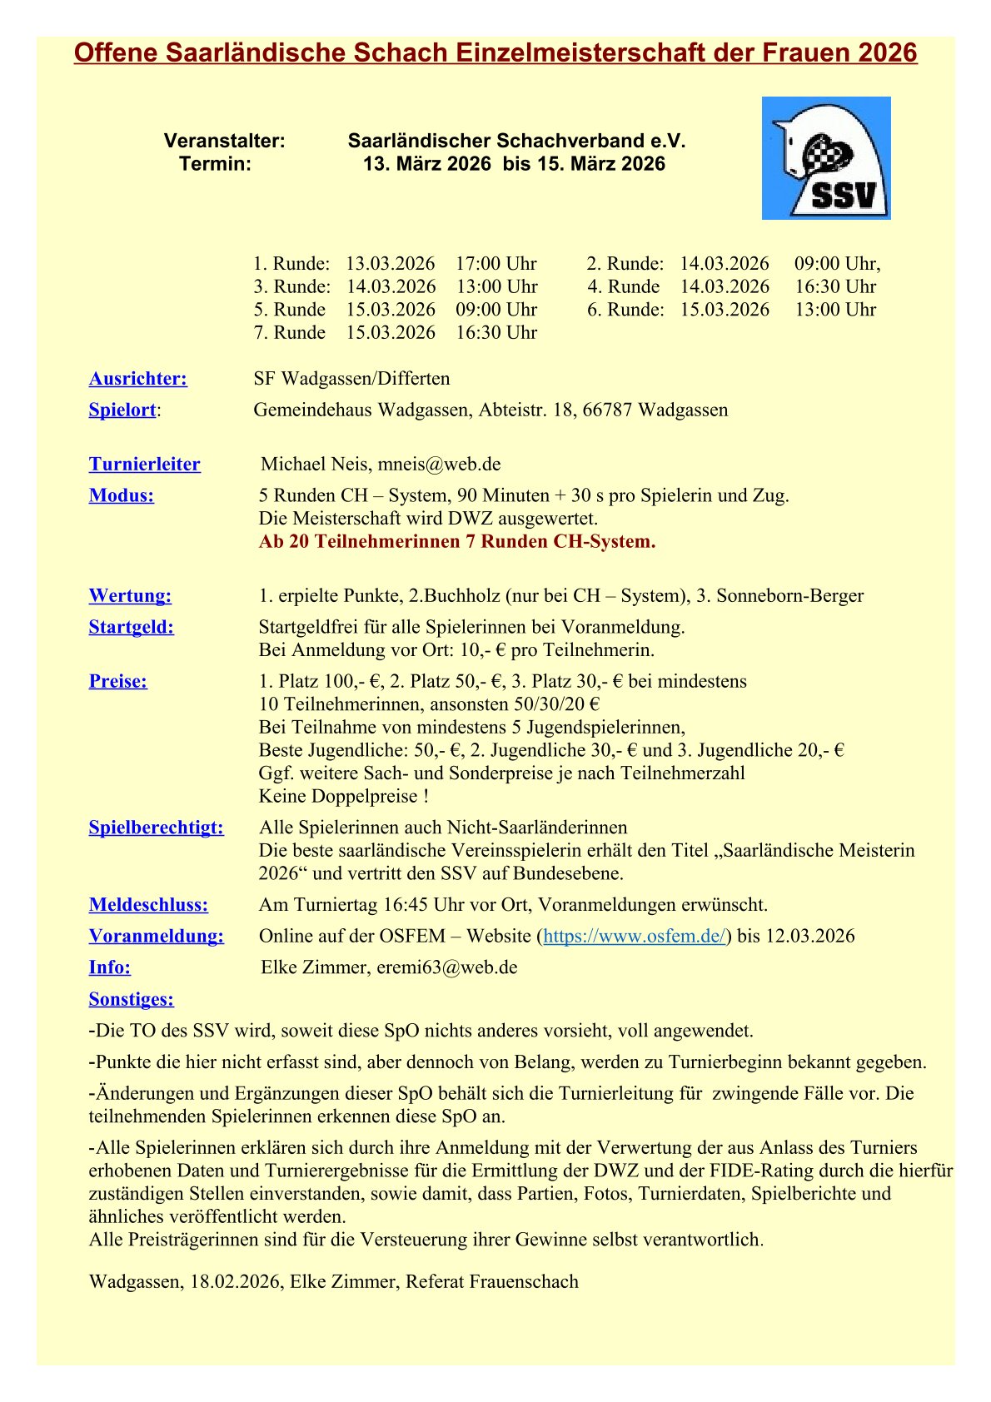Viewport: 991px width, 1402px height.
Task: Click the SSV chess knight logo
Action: [x=825, y=158]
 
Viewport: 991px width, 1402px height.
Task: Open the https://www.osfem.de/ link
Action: [x=634, y=936]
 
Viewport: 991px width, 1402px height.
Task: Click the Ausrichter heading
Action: [x=138, y=379]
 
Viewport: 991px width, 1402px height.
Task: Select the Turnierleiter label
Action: [x=145, y=465]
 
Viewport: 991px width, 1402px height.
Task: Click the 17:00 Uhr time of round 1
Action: [x=495, y=264]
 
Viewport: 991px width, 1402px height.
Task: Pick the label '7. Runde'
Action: [x=289, y=333]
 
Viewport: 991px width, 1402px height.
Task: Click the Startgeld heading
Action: [x=132, y=627]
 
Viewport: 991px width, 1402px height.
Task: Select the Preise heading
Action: [x=118, y=681]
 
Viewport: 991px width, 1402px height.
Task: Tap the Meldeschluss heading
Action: [x=148, y=905]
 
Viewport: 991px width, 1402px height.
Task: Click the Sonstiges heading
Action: [x=132, y=999]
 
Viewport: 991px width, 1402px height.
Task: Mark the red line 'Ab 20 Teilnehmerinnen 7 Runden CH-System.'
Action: [x=457, y=542]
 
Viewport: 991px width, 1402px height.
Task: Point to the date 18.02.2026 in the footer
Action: [x=234, y=1281]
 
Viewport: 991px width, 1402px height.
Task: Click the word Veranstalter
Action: [x=224, y=142]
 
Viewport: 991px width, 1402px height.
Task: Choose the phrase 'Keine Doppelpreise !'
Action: [x=344, y=797]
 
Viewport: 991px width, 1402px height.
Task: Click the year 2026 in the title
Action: [x=887, y=53]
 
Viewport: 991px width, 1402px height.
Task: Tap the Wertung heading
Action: [x=130, y=596]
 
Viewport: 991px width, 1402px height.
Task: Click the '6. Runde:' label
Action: [x=625, y=310]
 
